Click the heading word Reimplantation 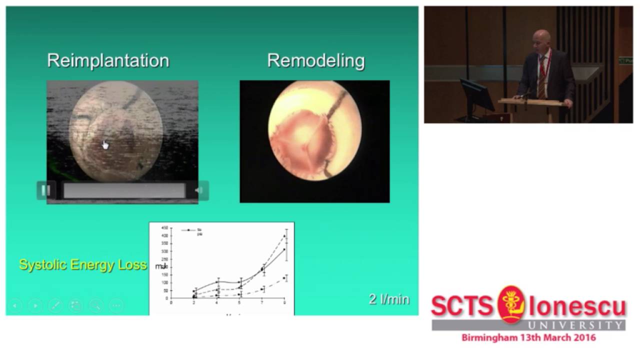pos(108,60)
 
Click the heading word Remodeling pos(316,60)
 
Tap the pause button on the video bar pos(45,190)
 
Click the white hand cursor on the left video pos(105,145)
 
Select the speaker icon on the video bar pos(199,190)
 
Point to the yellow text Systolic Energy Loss pos(83,264)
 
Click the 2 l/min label pos(389,299)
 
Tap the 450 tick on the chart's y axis pos(164,228)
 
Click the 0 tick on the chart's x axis pos(171,302)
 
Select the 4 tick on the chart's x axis pos(217,302)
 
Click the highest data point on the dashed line pos(284,235)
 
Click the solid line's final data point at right pos(284,249)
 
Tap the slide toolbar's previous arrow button pos(15,305)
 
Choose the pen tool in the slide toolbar pos(55,305)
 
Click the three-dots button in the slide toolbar pos(116,305)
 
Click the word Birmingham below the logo pos(492,337)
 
